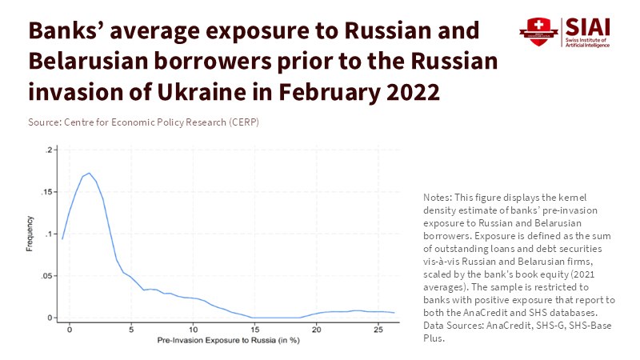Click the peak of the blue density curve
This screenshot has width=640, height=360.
(88, 173)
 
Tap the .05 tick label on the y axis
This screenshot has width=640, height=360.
(48, 276)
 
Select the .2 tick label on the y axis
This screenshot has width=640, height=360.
(50, 150)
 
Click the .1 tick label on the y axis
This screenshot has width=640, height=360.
(50, 234)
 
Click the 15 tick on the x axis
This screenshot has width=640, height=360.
(254, 322)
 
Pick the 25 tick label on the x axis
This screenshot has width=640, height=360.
(377, 330)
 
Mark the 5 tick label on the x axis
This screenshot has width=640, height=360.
(131, 330)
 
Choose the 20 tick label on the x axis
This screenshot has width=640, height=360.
(315, 330)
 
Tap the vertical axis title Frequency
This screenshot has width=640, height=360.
(30, 234)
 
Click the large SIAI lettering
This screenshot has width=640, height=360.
(590, 26)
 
